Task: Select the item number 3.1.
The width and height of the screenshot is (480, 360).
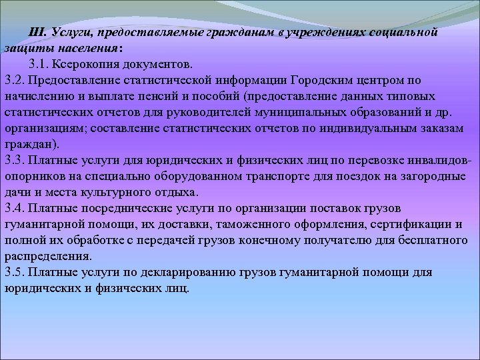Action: point(39,65)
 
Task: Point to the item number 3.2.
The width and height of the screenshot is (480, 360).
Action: point(13,81)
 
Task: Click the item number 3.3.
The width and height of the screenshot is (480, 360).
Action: point(13,161)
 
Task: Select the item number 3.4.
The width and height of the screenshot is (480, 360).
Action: point(13,209)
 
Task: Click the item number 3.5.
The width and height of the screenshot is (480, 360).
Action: point(13,273)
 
